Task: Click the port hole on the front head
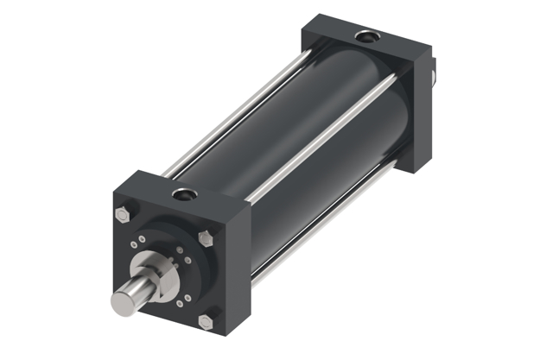pyautogui.click(x=182, y=193)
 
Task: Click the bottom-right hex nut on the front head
pyautogui.click(x=204, y=321)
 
